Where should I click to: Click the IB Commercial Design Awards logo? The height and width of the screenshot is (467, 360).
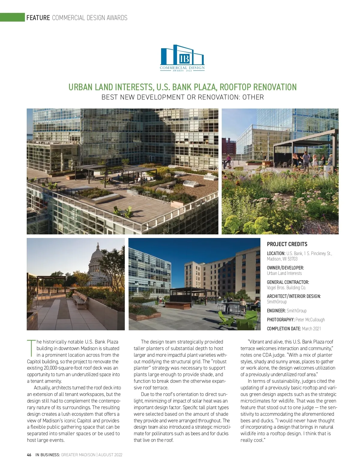click(x=182, y=58)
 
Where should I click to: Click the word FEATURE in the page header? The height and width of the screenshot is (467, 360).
click(x=38, y=18)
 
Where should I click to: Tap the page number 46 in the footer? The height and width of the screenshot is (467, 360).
click(x=29, y=455)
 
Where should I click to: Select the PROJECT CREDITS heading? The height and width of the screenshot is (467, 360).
click(x=287, y=244)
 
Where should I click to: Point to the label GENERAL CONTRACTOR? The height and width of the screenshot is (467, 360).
click(x=288, y=282)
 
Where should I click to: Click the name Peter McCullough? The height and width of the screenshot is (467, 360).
click(x=310, y=320)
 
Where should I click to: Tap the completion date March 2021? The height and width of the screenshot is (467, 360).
click(x=311, y=329)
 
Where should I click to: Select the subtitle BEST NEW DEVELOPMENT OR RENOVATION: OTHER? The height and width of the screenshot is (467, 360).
click(x=182, y=97)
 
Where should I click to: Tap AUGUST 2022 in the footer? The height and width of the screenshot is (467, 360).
click(x=110, y=455)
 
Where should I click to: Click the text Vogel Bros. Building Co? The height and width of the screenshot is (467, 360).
click(x=286, y=287)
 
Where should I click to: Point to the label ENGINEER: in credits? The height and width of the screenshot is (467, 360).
click(x=276, y=311)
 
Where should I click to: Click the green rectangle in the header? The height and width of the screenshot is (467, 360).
click(x=12, y=17)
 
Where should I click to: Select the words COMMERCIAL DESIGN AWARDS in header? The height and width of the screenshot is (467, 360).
click(x=90, y=18)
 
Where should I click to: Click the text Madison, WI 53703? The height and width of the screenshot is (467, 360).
click(x=282, y=259)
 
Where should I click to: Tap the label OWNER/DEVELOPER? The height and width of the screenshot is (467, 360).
click(x=285, y=268)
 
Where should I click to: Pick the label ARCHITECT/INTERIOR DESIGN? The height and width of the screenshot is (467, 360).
click(x=294, y=296)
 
